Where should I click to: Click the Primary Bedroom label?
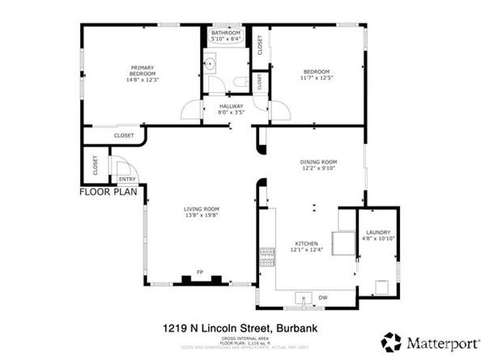click(143, 70)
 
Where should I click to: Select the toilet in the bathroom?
click(240, 82)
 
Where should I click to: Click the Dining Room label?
click(318, 163)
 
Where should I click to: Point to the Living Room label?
click(201, 210)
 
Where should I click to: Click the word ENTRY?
click(127, 180)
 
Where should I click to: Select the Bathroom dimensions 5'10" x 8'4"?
click(226, 39)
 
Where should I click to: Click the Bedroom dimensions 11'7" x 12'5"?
click(317, 78)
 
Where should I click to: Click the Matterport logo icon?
click(392, 341)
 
